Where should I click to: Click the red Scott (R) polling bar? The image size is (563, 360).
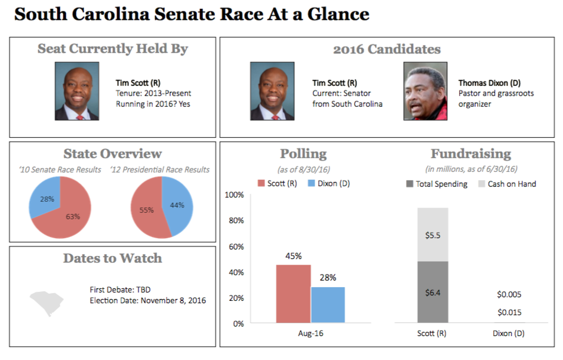293,294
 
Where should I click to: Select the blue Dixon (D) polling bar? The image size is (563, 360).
328,304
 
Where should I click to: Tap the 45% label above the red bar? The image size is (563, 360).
293,257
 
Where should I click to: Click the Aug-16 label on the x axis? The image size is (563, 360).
310,333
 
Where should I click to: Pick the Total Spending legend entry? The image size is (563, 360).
437,184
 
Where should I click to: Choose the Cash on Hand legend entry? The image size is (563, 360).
506,184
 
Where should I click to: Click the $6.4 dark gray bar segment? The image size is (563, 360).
432,292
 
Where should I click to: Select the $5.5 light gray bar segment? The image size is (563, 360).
432,235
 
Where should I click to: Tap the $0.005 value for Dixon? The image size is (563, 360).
509,294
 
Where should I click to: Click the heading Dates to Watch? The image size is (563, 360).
112,259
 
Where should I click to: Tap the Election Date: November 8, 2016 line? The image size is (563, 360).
147,300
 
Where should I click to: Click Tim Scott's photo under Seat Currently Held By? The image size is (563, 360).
77,91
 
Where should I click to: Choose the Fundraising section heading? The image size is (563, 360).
471,154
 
